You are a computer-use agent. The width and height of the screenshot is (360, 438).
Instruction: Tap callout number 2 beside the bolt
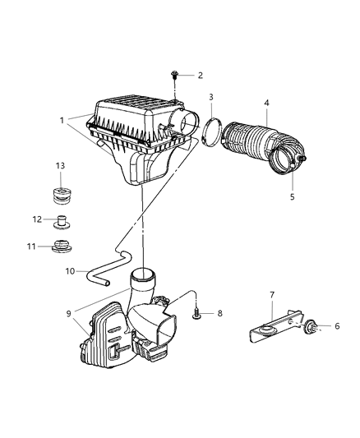[x=200, y=75]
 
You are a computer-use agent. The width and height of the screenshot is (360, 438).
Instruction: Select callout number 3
[x=210, y=98]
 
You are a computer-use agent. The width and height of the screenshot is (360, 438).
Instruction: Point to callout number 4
[x=266, y=103]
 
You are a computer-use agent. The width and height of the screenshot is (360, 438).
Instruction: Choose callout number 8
[x=219, y=313]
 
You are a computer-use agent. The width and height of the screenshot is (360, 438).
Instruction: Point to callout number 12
[x=36, y=219]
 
